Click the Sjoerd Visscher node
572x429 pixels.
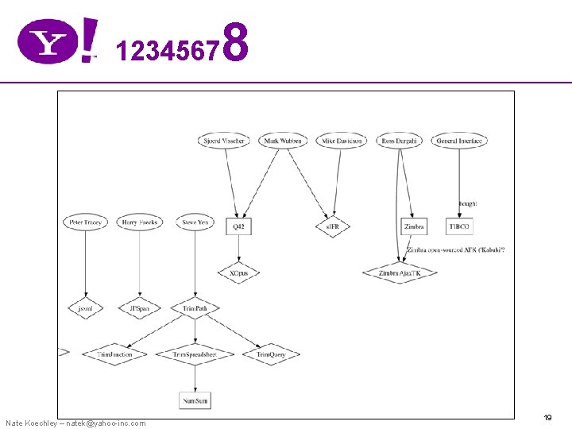pos(223,141)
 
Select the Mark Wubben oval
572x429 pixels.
pos(283,141)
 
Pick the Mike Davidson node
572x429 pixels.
pos(342,141)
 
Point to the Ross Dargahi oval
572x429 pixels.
pos(400,141)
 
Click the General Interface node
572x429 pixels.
pos(459,141)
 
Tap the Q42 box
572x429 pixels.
pos(238,226)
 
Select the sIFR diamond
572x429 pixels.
pos(332,226)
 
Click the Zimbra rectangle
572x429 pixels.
pos(414,226)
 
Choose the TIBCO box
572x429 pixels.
pos(459,226)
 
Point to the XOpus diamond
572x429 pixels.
pos(238,272)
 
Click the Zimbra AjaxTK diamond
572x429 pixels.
pos(400,272)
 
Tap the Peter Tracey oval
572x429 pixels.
pos(84,222)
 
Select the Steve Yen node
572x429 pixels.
pos(195,222)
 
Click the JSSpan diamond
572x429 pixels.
pos(139,307)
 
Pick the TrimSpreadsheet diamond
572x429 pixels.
pos(195,354)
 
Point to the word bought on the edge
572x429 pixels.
pos(467,203)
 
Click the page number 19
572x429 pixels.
pos(547,417)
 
